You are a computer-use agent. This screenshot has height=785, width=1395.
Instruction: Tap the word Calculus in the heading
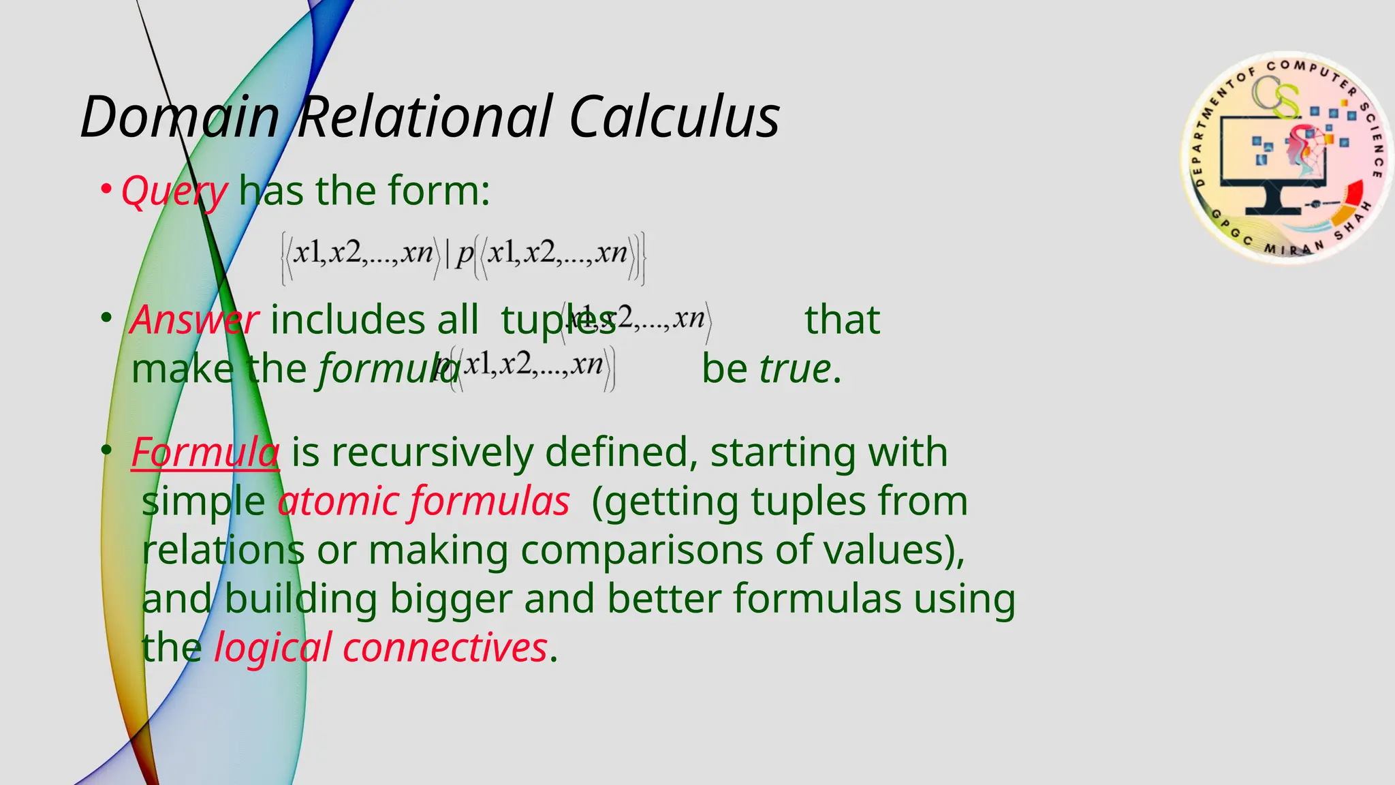(x=674, y=117)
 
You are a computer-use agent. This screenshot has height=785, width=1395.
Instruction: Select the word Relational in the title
(x=424, y=117)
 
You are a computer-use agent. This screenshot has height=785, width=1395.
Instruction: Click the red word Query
(x=174, y=191)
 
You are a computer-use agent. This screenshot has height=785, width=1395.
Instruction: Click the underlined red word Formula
(x=205, y=452)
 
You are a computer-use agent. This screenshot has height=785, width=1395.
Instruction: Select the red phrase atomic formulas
(x=423, y=502)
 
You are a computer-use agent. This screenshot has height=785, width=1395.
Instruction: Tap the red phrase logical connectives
(x=381, y=647)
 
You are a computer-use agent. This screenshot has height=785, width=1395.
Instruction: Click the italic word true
(x=795, y=369)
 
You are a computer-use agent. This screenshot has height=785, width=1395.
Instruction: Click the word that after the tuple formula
(x=842, y=320)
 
